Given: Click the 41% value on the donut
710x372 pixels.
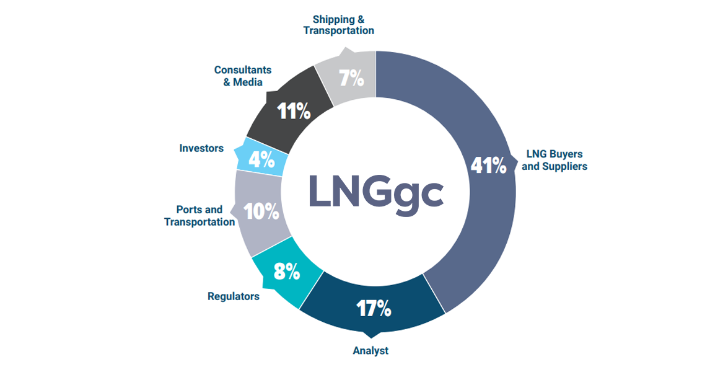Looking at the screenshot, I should point(489,166).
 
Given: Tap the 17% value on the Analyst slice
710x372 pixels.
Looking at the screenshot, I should point(374,308).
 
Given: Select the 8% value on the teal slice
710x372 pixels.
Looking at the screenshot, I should point(286,271).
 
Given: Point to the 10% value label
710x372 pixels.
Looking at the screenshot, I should point(261,212).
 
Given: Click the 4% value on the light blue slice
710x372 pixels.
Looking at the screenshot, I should point(261,160).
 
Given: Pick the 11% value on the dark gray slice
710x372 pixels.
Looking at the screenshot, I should point(294,112).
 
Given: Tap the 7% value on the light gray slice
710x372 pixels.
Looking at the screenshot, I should point(351,78).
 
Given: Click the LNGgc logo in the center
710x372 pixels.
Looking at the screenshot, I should point(376,192).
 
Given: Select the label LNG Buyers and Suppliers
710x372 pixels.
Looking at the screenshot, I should point(554,160).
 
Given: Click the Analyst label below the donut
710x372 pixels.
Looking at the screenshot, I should point(370,351).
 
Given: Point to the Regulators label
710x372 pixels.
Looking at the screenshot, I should point(234,296).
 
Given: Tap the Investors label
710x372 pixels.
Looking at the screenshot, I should point(201,148).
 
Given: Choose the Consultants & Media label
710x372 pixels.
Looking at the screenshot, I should point(243,76).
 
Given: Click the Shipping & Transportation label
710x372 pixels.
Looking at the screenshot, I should point(338,25).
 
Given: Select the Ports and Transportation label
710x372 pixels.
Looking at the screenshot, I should point(199,216).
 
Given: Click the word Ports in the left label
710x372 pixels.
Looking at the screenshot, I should point(189,210).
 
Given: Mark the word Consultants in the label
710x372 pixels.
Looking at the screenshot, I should point(243,70).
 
